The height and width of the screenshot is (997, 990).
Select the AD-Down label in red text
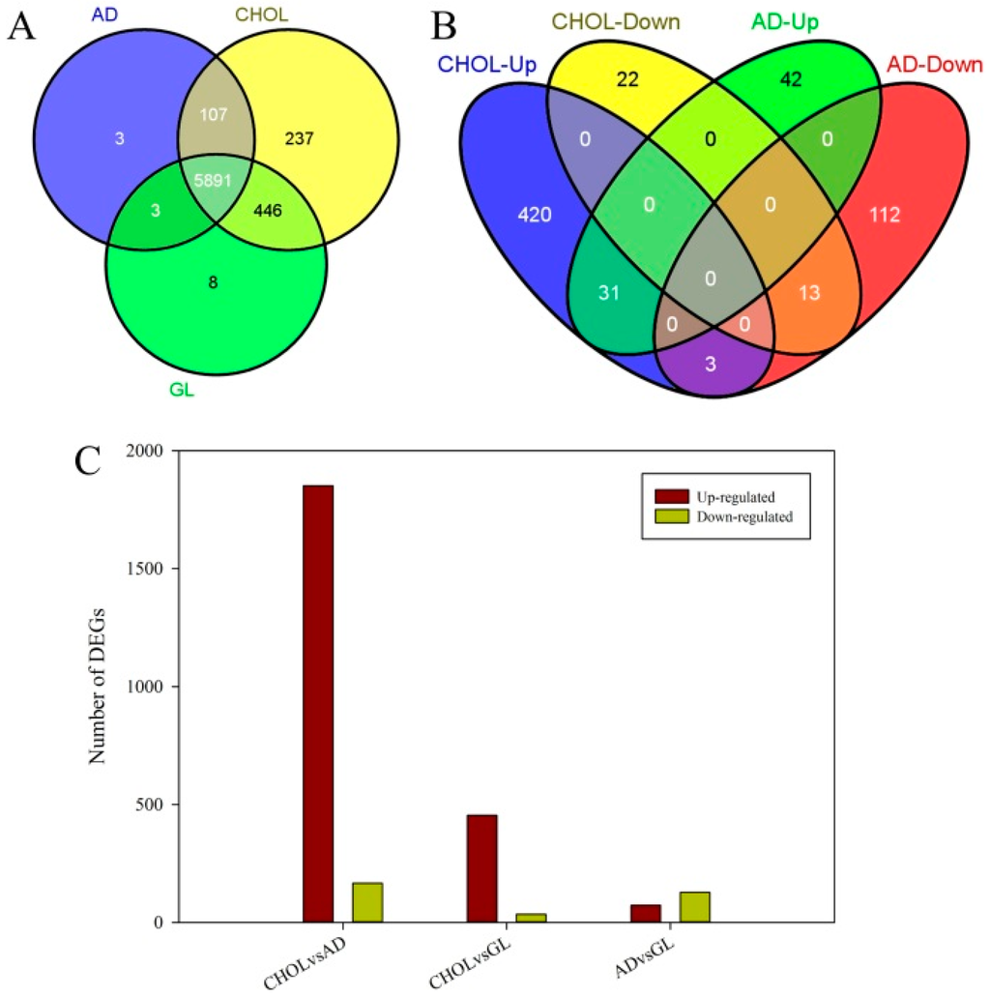click(933, 66)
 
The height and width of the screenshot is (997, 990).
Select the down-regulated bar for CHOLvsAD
click(367, 901)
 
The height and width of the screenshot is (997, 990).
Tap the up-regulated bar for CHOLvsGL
click(481, 867)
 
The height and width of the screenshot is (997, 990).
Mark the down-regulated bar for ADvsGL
click(694, 906)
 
